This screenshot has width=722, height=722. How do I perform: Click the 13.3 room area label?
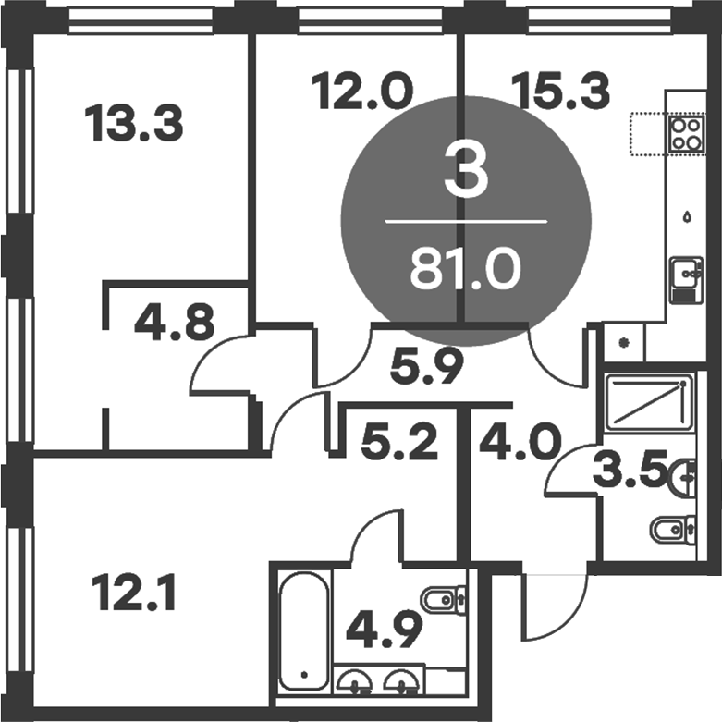pos(133,124)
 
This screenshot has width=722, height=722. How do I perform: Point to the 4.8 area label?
pos(175,324)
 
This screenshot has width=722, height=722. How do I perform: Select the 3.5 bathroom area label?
pos(630,474)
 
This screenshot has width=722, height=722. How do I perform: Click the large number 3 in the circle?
pos(465,175)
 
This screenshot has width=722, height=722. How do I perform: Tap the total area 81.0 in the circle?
pos(465,271)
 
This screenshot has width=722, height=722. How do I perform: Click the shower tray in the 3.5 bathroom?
pos(645,401)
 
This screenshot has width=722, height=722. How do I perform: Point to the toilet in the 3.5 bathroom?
pos(672,530)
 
